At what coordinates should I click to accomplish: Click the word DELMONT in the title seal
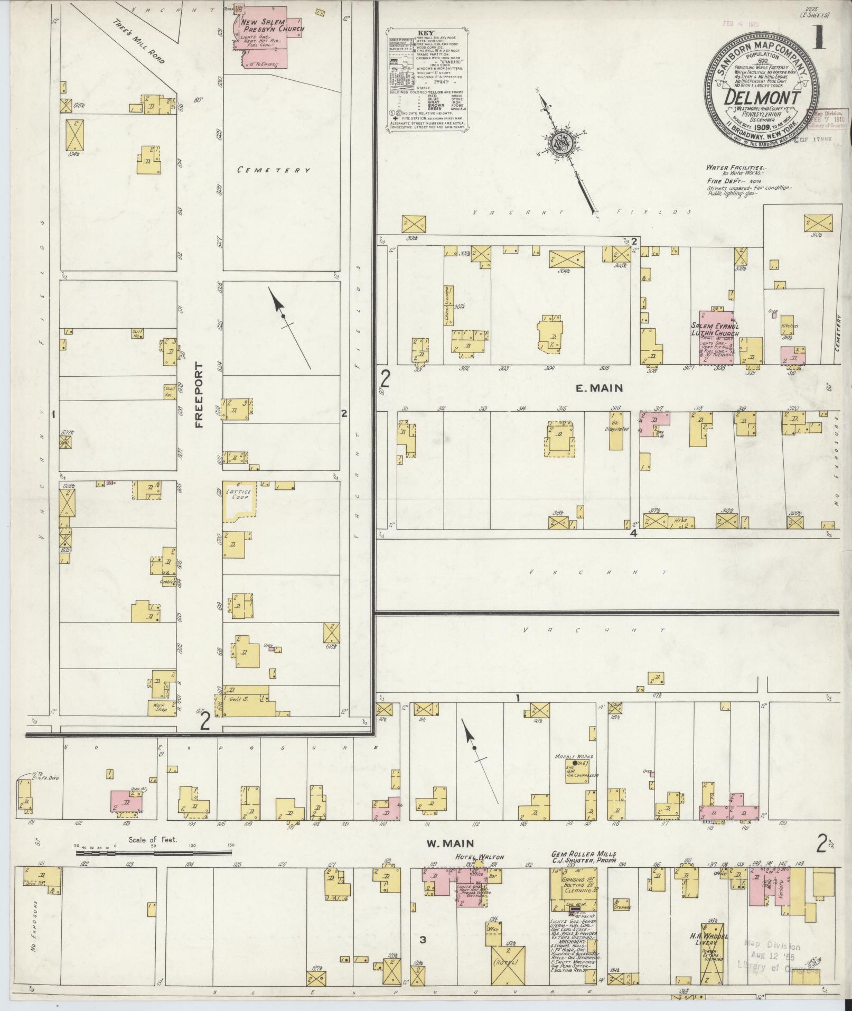(x=761, y=98)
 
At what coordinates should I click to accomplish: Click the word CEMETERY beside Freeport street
(x=273, y=170)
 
